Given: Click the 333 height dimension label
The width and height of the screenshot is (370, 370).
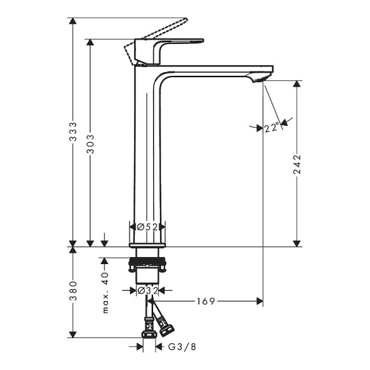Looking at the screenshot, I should pyautogui.click(x=73, y=132).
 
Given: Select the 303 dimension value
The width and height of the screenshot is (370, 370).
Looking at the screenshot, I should pyautogui.click(x=91, y=144).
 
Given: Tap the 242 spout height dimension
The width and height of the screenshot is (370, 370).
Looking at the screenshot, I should pyautogui.click(x=297, y=165).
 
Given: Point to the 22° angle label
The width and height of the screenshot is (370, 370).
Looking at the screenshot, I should pyautogui.click(x=271, y=128).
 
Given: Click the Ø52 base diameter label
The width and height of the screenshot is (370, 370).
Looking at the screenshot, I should pyautogui.click(x=147, y=226).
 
